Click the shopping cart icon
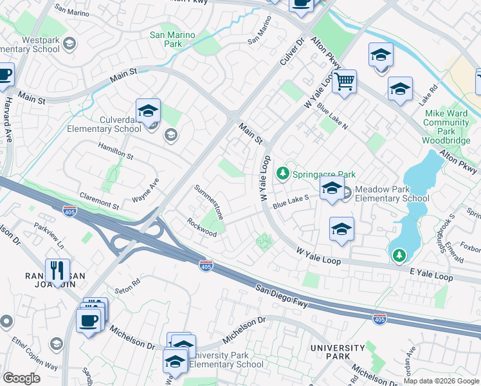[x=345, y=82]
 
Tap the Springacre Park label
[x=323, y=174]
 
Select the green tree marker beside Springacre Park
[x=282, y=174]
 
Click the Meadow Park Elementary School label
[x=392, y=194]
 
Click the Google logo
[x=22, y=378]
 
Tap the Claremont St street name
[x=99, y=201]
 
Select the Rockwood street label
[x=201, y=228]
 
